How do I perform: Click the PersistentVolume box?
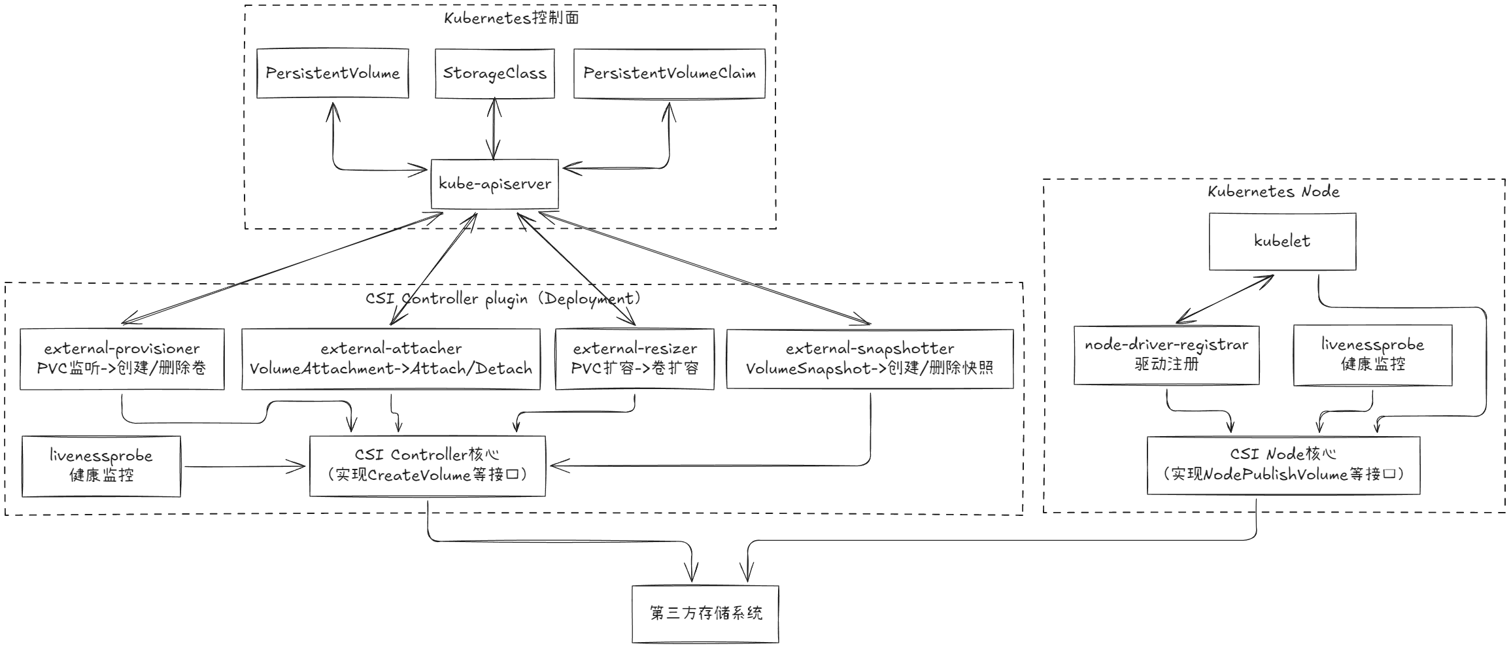point(332,73)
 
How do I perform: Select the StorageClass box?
point(494,73)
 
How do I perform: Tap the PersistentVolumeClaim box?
point(669,73)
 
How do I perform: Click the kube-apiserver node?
point(494,184)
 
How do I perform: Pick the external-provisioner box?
point(122,358)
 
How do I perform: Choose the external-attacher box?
point(390,358)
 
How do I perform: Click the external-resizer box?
point(634,358)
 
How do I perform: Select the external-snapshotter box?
point(870,358)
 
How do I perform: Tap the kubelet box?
point(1282,241)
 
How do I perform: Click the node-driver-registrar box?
point(1166,354)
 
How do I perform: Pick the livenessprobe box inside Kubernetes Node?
point(1372,354)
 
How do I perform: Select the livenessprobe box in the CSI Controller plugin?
point(101,466)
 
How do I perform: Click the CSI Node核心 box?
point(1283,464)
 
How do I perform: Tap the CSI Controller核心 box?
point(427,465)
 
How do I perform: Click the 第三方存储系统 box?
point(705,613)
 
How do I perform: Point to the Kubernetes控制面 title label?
point(511,18)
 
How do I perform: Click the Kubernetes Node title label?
point(1273,192)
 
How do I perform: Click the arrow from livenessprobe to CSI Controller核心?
point(245,466)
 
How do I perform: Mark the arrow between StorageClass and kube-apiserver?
point(494,129)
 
